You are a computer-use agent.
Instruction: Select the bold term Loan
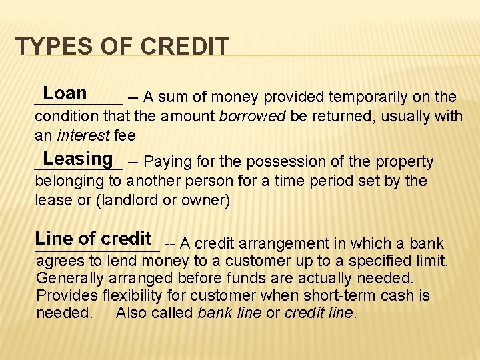(x=65, y=93)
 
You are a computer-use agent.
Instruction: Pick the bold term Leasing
(x=78, y=159)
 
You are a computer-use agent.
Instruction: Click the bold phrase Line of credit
(x=93, y=239)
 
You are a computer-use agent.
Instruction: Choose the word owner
(x=205, y=201)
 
